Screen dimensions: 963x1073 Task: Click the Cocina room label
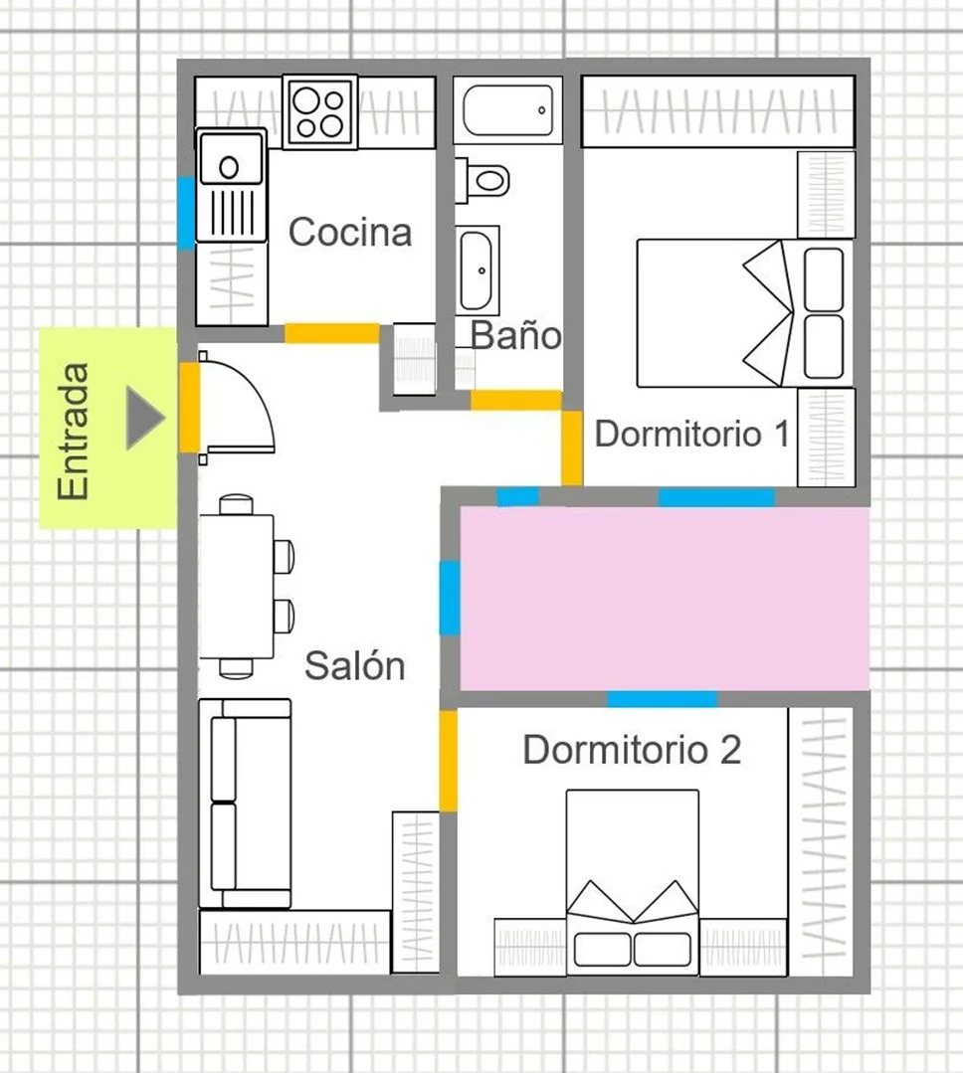coord(350,232)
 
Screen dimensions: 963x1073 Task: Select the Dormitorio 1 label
coord(692,434)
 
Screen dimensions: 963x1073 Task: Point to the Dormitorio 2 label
coord(632,750)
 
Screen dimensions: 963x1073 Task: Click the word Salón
coord(354,665)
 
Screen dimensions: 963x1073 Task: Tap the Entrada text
coord(74,432)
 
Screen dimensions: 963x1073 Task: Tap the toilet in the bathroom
coord(483,181)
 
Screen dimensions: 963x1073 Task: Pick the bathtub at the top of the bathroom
coord(507,110)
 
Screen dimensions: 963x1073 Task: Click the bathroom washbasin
coord(478,270)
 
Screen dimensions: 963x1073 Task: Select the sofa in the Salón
coord(245,804)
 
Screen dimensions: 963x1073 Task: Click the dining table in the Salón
coord(236,587)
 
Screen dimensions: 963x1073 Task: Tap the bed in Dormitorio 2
coord(633,882)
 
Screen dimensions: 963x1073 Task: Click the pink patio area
coord(665,598)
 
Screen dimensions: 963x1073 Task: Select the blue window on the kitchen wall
coord(186,213)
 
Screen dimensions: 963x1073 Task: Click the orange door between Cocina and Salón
coord(332,333)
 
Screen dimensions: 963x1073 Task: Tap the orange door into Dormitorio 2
coord(449,761)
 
